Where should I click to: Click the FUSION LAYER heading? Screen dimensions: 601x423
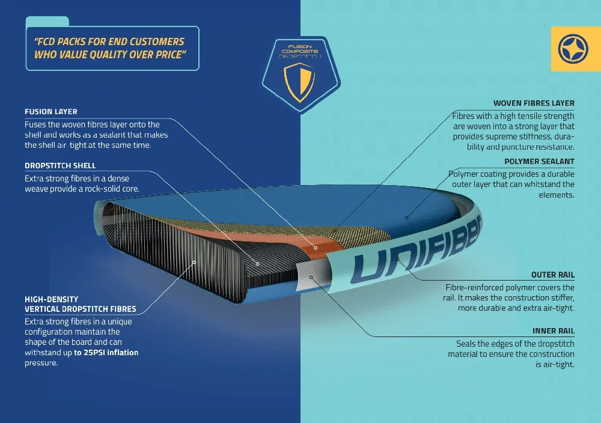[x=51, y=112]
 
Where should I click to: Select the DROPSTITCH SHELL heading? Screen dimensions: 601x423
[x=60, y=165]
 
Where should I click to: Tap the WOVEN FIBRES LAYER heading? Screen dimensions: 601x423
[x=534, y=103]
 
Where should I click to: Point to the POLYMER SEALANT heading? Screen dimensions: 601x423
[x=539, y=161]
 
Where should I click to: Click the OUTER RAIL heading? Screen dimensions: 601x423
[x=553, y=275]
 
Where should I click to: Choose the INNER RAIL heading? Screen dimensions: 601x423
[x=554, y=330]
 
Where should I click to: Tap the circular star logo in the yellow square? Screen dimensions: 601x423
[x=573, y=49]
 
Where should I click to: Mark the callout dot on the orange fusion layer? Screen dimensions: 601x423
[x=316, y=248]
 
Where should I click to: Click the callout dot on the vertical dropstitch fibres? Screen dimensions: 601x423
[x=194, y=263]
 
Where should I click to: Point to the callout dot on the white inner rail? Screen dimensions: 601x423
[x=311, y=277]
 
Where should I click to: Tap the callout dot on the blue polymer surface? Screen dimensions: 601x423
[x=407, y=218]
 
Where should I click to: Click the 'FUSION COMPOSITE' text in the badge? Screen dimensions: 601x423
[x=300, y=49]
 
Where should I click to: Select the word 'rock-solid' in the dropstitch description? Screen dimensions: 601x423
[x=91, y=189]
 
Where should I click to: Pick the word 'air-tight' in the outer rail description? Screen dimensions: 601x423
[x=559, y=308]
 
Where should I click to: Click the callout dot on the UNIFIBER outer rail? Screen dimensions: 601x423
[x=398, y=260]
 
